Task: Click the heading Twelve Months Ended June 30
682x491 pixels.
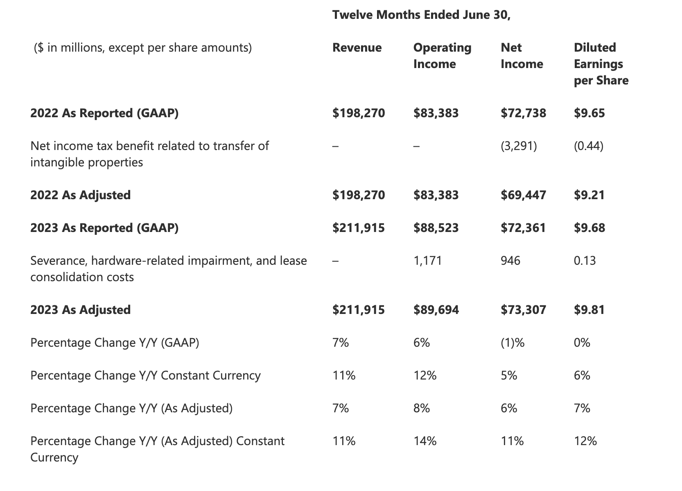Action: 421,15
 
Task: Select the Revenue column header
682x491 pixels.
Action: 357,48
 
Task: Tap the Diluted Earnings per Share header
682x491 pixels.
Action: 601,64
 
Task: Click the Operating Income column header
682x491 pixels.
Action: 443,56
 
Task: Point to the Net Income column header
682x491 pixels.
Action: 522,56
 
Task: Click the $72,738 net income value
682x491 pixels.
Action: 524,113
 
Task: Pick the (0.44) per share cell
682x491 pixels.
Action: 589,146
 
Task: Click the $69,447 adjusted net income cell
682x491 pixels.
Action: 524,195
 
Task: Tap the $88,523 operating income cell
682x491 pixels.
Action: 436,228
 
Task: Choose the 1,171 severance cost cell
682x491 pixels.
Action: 427,261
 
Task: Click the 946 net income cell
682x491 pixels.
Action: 510,261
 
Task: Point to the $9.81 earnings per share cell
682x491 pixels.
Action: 589,310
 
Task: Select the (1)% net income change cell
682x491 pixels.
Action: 513,343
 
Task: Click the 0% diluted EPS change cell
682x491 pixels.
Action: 582,343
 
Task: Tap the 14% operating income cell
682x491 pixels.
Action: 425,441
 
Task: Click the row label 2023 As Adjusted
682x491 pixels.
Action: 80,310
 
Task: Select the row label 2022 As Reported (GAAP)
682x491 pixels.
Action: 104,114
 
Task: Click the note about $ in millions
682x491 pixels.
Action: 143,48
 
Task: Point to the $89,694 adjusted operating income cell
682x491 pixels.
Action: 436,310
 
